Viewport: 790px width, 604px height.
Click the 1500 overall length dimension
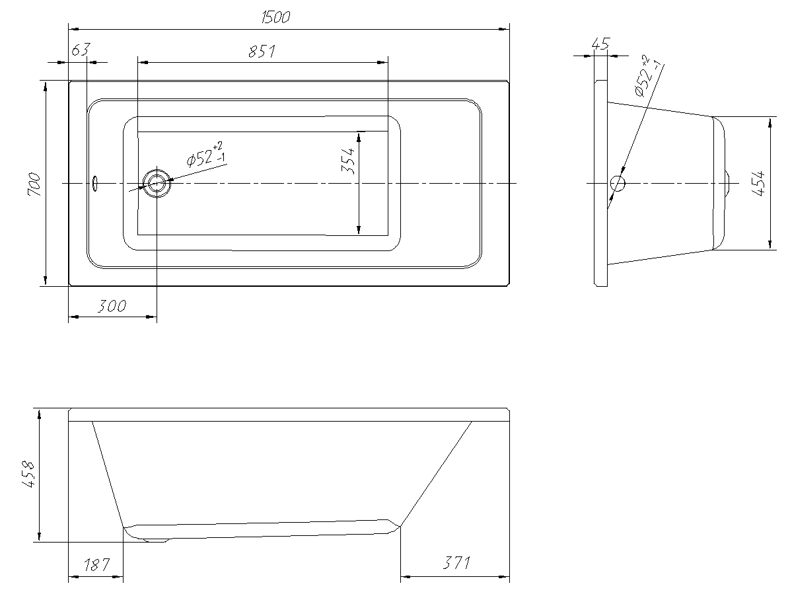click(x=275, y=17)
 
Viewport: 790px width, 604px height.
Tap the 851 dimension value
click(x=262, y=51)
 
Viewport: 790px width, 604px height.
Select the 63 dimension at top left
click(x=81, y=50)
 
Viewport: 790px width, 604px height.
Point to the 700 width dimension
click(x=34, y=184)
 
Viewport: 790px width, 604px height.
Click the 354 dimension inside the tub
click(x=348, y=161)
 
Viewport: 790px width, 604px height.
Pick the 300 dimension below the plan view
click(x=112, y=306)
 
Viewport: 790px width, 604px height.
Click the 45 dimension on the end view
click(x=600, y=44)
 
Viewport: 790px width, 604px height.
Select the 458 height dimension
click(x=28, y=474)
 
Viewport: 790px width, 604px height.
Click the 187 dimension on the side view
click(x=96, y=564)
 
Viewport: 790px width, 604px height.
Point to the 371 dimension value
click(x=456, y=562)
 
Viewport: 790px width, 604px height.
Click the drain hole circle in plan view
click(x=157, y=184)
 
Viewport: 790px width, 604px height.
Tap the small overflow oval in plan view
click(x=94, y=184)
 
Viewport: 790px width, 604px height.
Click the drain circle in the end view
click(x=617, y=184)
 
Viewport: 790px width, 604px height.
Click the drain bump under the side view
click(x=155, y=540)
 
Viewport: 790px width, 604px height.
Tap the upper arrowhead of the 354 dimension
click(x=359, y=137)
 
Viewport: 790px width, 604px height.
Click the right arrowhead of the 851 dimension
click(x=382, y=63)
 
